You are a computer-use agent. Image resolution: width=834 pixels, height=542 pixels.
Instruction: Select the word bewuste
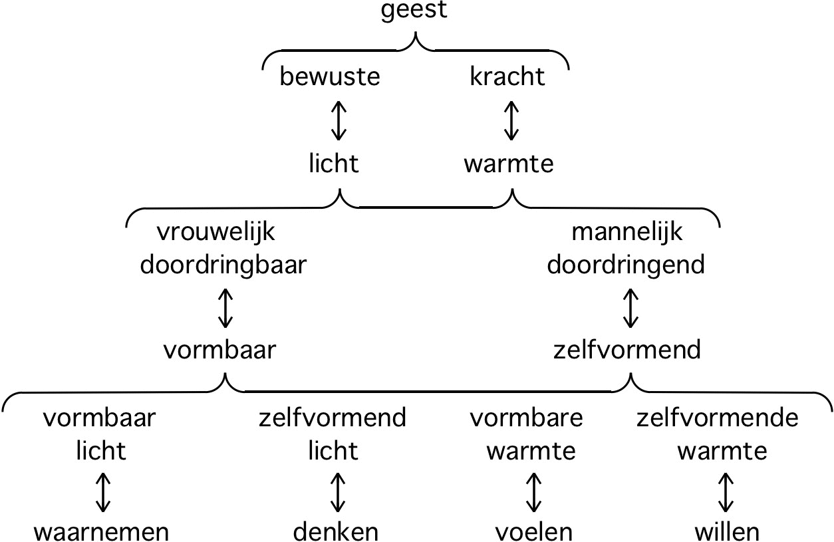(x=330, y=76)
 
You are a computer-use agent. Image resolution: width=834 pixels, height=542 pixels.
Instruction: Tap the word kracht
(x=507, y=76)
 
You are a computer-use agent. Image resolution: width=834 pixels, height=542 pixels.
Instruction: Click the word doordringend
(x=625, y=265)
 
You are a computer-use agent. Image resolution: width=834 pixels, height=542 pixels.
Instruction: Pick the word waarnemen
(x=102, y=531)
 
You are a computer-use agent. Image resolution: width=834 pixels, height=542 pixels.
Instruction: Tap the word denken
(x=336, y=531)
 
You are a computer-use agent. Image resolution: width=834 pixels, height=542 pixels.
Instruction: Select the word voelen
(x=533, y=531)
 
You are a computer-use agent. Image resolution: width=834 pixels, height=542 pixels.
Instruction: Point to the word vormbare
(x=527, y=418)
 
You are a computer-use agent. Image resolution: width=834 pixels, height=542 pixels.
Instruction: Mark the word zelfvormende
(x=718, y=418)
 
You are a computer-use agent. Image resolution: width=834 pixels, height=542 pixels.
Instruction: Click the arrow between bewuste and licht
(x=339, y=120)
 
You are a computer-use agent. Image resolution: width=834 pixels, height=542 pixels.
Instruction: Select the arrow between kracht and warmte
(x=510, y=120)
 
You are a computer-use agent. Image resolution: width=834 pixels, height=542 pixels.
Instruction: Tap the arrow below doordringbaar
(x=225, y=307)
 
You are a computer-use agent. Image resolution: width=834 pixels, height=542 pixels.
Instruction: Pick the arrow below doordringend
(x=630, y=307)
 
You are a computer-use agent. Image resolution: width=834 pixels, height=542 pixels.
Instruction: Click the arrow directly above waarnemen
(x=102, y=492)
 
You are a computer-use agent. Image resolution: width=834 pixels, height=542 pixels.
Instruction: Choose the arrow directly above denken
(x=339, y=492)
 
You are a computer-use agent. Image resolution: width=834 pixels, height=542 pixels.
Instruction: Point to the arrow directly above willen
(x=726, y=492)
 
